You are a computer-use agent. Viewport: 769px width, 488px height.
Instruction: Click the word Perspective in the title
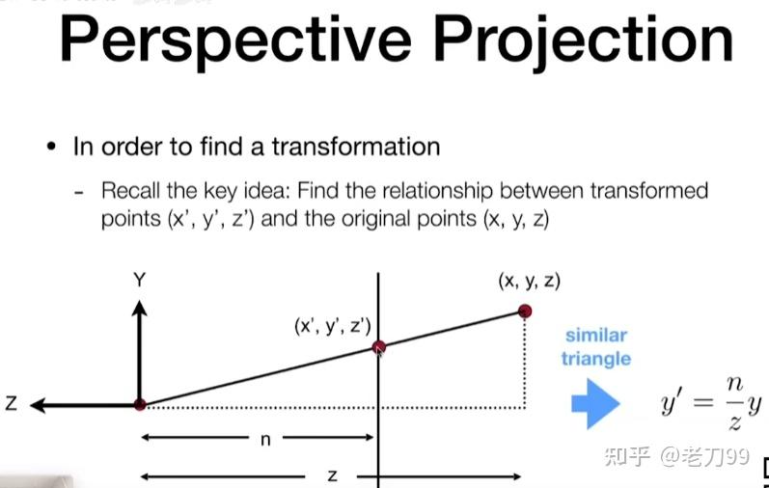click(235, 41)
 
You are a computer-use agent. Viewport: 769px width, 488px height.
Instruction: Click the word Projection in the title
click(583, 41)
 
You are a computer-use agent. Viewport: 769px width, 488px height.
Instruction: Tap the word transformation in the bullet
click(356, 147)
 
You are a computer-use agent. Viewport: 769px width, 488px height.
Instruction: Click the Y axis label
click(140, 281)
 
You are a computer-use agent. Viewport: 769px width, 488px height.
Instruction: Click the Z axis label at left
click(12, 403)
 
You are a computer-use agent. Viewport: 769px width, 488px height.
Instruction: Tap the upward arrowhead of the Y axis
click(140, 309)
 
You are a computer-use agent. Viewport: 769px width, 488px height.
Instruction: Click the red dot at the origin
click(140, 405)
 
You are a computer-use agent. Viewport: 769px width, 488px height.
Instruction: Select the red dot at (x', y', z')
click(378, 347)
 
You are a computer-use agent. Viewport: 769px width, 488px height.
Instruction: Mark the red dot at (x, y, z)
click(525, 311)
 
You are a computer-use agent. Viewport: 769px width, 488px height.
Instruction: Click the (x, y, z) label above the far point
click(529, 282)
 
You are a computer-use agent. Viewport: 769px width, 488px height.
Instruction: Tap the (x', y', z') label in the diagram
click(333, 326)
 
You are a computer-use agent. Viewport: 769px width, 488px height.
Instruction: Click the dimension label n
click(265, 440)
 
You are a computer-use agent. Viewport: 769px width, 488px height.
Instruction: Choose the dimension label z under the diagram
click(332, 475)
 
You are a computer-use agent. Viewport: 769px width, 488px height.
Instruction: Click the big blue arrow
click(595, 404)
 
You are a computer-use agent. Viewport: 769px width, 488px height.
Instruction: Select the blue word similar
click(596, 336)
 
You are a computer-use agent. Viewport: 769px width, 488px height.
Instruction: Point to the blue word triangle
click(596, 359)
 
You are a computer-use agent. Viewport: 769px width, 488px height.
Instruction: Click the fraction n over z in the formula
click(734, 404)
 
